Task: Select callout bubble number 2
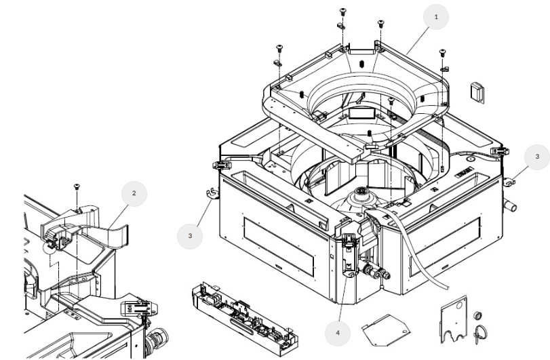(134, 193)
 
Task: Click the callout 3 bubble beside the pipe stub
(537, 157)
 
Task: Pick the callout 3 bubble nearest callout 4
(189, 236)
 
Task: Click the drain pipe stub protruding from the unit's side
(509, 204)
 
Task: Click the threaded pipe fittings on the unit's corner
(377, 275)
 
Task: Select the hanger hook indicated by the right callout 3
(511, 181)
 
